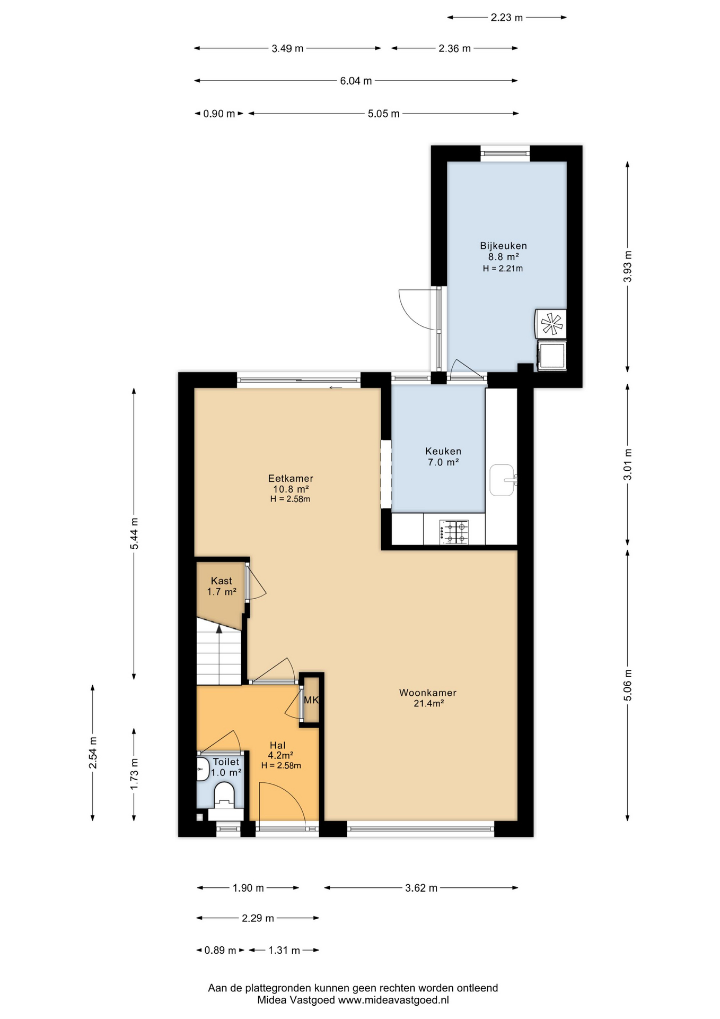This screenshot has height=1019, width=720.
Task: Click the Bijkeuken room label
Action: [x=503, y=246]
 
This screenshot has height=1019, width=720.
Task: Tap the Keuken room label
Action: [x=443, y=451]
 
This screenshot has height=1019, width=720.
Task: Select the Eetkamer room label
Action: [x=291, y=478]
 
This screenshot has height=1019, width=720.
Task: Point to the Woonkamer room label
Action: [x=427, y=693]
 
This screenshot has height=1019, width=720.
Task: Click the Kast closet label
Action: [x=221, y=581]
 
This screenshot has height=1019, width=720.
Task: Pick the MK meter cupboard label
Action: [x=311, y=700]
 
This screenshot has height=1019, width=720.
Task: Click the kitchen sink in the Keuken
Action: [x=502, y=480]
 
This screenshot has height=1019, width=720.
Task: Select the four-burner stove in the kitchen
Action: [x=454, y=532]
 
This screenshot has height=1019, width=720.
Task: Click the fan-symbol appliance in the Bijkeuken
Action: [x=551, y=323]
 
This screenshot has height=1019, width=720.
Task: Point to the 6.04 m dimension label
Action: [x=356, y=81]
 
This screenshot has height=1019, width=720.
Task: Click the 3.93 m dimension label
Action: [x=628, y=266]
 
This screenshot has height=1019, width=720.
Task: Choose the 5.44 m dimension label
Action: [x=134, y=533]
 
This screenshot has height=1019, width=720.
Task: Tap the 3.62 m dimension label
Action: [x=421, y=888]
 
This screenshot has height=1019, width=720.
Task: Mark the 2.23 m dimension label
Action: [x=506, y=18]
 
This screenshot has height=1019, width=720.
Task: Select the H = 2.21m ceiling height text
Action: [x=503, y=269]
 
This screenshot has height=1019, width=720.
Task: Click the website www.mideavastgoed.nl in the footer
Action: [x=393, y=1000]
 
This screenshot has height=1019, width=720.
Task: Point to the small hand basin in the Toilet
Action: [x=203, y=769]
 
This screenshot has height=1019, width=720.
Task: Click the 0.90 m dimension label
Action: [x=219, y=114]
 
